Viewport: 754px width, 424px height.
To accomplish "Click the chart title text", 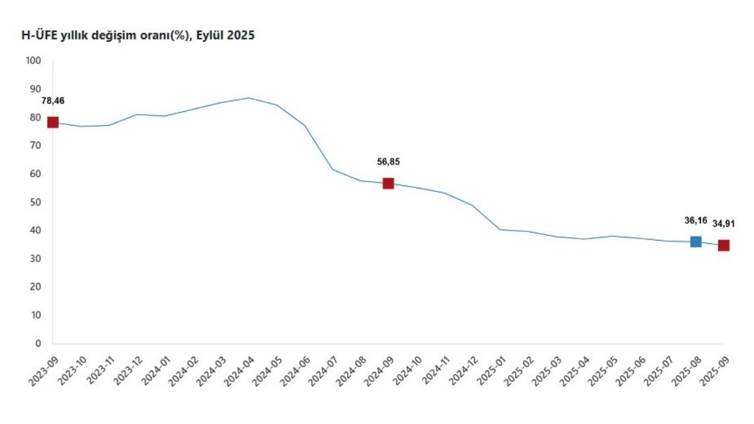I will point(138,36).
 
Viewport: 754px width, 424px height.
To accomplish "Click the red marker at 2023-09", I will point(53,122).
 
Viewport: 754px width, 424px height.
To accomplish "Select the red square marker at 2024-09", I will point(388,183).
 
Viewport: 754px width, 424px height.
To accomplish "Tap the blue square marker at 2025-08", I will point(696,242).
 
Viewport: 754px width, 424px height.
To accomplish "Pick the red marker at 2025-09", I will point(723,245).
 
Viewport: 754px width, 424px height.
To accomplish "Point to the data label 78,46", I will point(53,101).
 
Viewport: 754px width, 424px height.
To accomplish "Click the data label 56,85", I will point(388,161).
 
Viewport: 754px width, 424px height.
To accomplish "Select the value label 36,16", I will point(696,220).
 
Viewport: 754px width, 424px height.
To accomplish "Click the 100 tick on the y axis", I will point(33,61).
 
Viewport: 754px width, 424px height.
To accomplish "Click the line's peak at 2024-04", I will point(249,98).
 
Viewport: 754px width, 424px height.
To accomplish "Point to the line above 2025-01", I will point(500,229).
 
